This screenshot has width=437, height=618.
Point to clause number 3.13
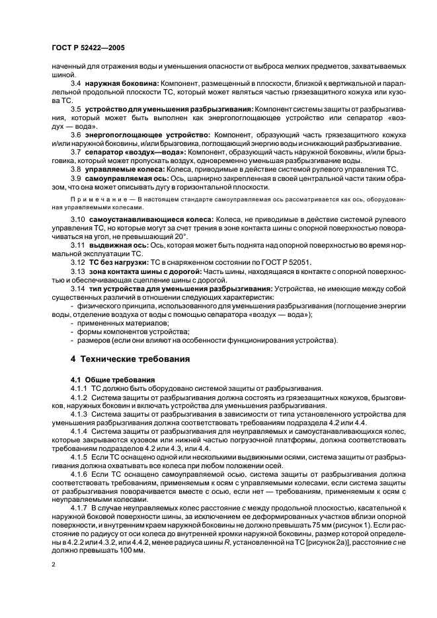(x=78, y=271)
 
